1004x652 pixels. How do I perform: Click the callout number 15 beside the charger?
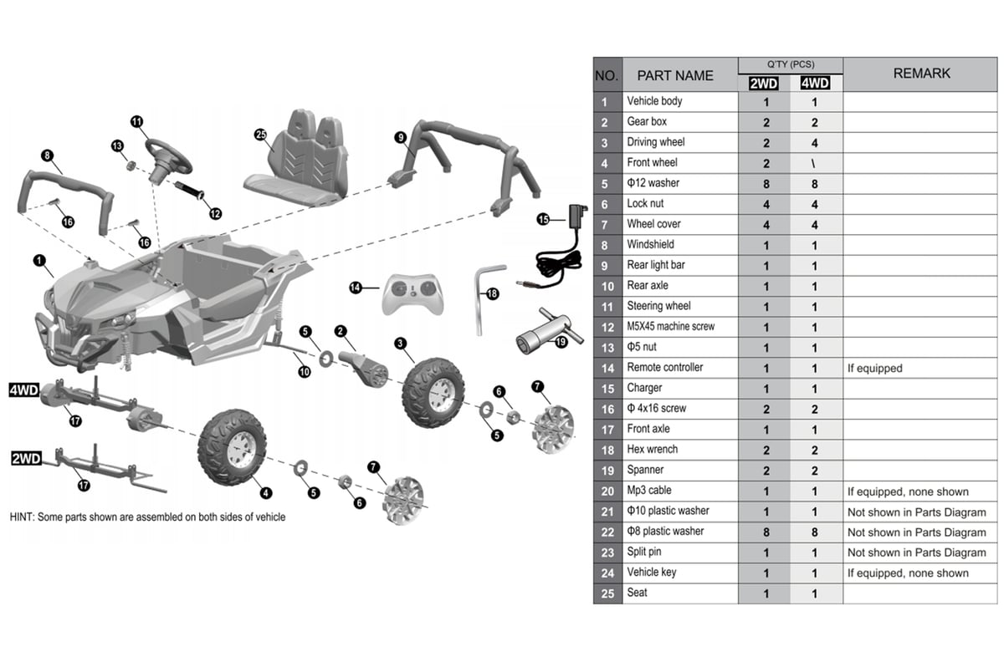coord(543,219)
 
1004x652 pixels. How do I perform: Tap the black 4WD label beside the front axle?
coord(24,390)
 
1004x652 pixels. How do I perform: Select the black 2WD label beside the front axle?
coord(26,459)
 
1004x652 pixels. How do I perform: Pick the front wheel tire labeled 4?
coord(232,446)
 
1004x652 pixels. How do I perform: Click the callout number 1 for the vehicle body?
coord(38,261)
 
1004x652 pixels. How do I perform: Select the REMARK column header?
coord(921,74)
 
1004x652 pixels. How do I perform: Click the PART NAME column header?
coord(675,75)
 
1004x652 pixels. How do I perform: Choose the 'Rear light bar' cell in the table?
coord(658,265)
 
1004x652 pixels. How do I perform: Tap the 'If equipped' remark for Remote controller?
coord(875,368)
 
